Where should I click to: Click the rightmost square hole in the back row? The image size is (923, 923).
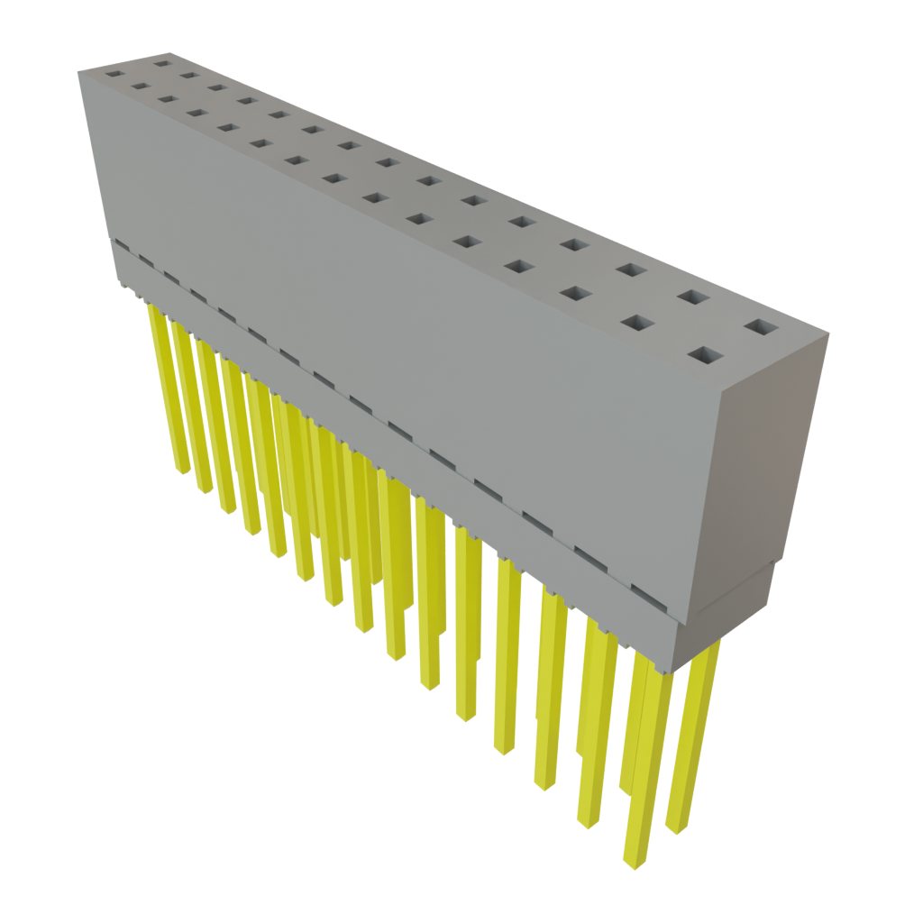[x=761, y=327]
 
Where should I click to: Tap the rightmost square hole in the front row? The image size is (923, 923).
[x=704, y=355]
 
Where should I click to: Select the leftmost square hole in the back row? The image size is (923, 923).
[x=162, y=63]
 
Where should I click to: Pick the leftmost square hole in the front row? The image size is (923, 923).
[x=114, y=72]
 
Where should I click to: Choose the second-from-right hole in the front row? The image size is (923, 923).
[x=638, y=324]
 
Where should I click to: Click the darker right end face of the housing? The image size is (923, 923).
[x=766, y=469]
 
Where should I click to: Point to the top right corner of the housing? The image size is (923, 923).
[x=828, y=333]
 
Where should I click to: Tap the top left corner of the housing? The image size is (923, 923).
[x=78, y=74]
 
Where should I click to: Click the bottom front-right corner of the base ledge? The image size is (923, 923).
[x=677, y=672]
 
